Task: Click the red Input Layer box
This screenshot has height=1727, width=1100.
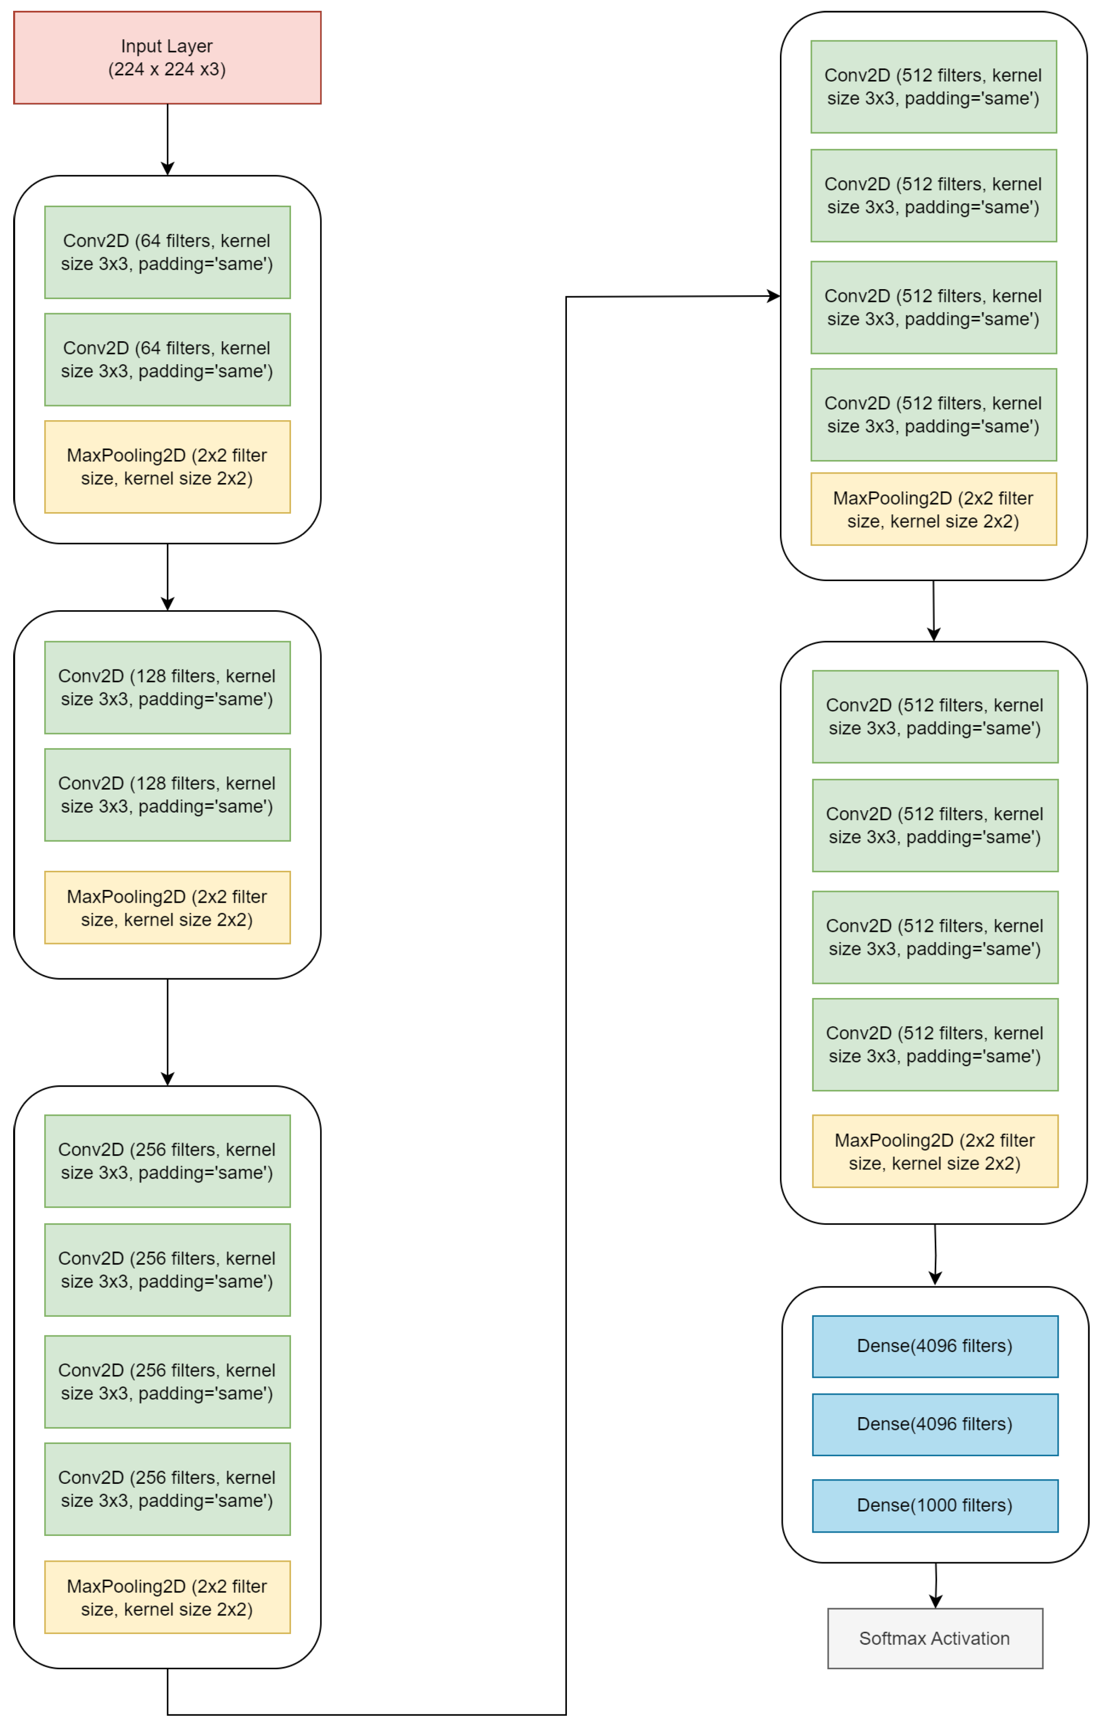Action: pyautogui.click(x=167, y=57)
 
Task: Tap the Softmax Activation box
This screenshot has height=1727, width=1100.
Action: pyautogui.click(x=934, y=1638)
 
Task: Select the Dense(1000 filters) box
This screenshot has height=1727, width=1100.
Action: pyautogui.click(x=934, y=1505)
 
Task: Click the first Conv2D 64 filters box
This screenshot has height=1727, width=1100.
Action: pyautogui.click(x=167, y=253)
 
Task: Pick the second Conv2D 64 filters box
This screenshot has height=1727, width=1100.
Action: pyautogui.click(x=167, y=359)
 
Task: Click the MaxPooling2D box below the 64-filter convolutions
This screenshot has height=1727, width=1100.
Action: pyautogui.click(x=167, y=467)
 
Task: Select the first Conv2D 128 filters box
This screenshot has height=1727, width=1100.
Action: pyautogui.click(x=167, y=687)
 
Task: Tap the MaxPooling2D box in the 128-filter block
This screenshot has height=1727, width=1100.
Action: pyautogui.click(x=167, y=907)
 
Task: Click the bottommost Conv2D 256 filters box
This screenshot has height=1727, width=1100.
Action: pyautogui.click(x=167, y=1489)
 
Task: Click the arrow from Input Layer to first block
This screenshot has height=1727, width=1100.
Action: pyautogui.click(x=167, y=140)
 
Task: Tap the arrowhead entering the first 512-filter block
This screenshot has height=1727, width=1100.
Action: pyautogui.click(x=774, y=296)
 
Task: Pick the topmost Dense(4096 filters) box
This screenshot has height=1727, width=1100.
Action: pyautogui.click(x=934, y=1346)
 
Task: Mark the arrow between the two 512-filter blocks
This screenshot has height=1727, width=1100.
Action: pyautogui.click(x=933, y=611)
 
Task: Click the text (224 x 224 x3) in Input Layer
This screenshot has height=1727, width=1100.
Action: pyautogui.click(x=167, y=69)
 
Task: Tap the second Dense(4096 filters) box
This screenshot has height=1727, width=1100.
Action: pyautogui.click(x=934, y=1424)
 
